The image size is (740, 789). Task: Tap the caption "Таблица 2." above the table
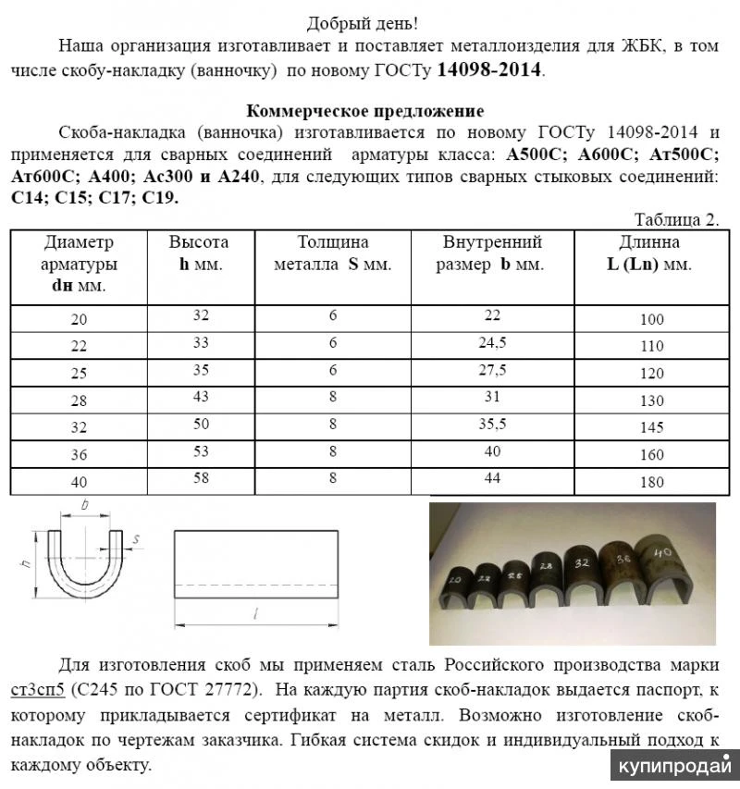click(676, 219)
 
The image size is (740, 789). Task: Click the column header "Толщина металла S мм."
click(333, 253)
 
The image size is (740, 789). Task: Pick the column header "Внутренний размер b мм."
click(492, 253)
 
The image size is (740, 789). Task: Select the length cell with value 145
click(651, 429)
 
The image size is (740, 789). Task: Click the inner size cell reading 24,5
click(492, 342)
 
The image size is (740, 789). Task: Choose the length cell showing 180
click(651, 482)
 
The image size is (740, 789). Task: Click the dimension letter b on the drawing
click(85, 506)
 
